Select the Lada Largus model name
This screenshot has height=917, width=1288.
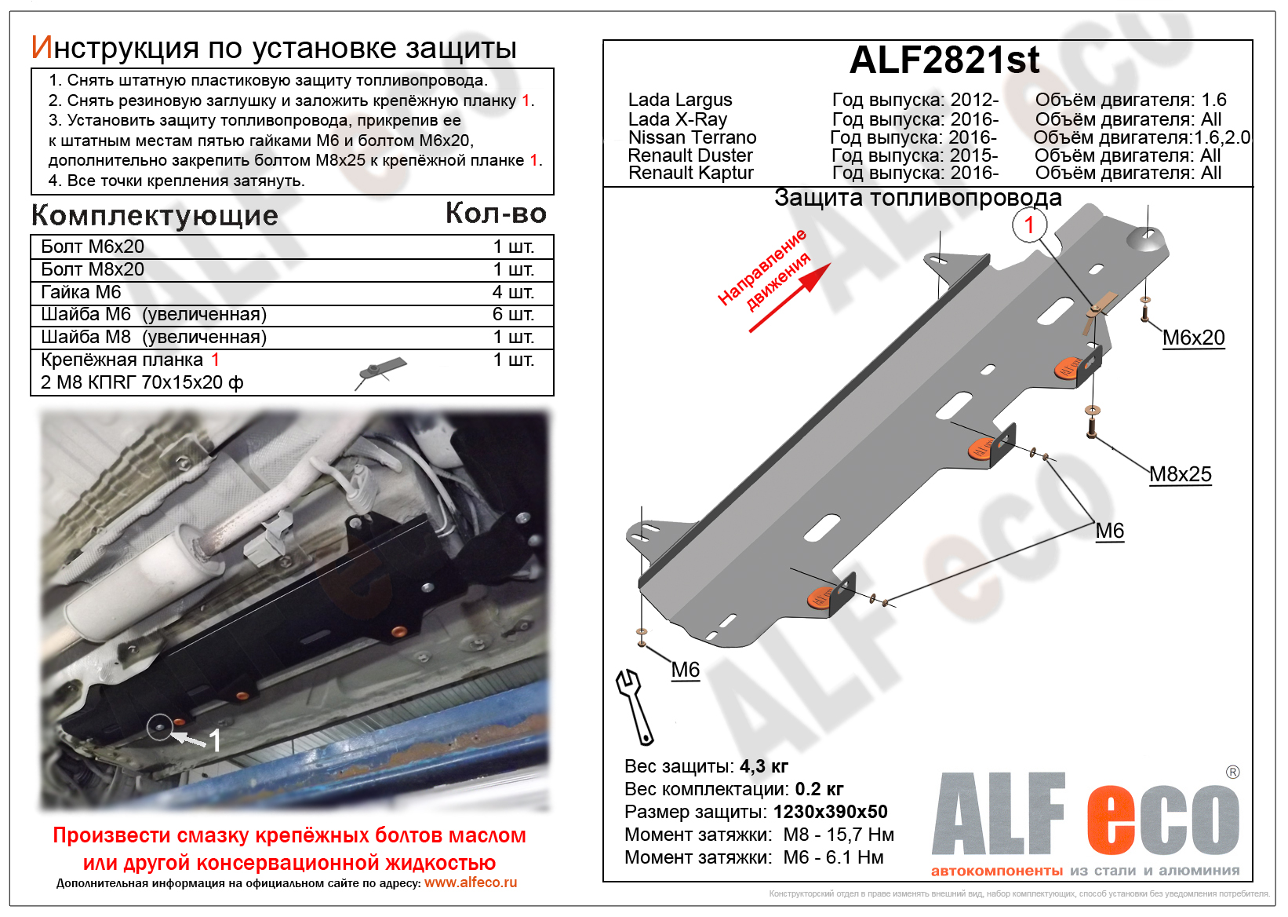click(679, 100)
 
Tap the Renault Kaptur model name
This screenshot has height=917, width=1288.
click(690, 173)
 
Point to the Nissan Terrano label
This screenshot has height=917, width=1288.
click(692, 137)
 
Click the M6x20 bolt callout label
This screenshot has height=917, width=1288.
click(1193, 338)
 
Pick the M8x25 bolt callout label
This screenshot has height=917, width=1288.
click(1180, 474)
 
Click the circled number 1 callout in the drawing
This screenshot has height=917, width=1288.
click(1029, 225)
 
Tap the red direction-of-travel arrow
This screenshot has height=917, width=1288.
click(791, 298)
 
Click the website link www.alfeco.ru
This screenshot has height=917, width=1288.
click(471, 882)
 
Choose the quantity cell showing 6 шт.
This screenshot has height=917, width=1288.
click(513, 314)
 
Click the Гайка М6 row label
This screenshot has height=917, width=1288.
click(81, 292)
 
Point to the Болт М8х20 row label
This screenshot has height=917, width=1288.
click(93, 269)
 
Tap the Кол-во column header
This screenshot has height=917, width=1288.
click(496, 213)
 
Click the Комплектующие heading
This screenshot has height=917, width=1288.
click(155, 215)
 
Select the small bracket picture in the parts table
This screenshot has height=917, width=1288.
click(381, 371)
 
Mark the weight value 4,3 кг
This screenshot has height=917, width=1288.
click(763, 766)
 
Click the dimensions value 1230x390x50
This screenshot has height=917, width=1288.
click(830, 812)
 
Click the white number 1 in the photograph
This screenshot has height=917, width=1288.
click(215, 740)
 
